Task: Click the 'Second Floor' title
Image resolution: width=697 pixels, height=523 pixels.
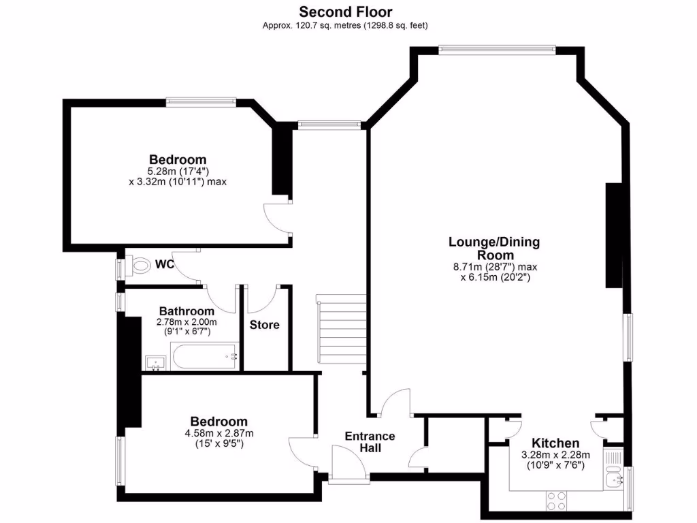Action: pyautogui.click(x=346, y=12)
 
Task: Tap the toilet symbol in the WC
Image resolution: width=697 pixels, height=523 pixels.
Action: pyautogui.click(x=139, y=265)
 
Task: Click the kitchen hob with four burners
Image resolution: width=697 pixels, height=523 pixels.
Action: pyautogui.click(x=556, y=501)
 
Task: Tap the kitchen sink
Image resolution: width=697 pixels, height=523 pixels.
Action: pyautogui.click(x=616, y=480)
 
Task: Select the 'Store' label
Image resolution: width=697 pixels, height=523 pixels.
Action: pyautogui.click(x=264, y=325)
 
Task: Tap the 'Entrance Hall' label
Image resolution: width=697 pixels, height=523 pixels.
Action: pyautogui.click(x=370, y=442)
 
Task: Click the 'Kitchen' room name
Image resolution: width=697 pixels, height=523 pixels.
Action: pyautogui.click(x=555, y=443)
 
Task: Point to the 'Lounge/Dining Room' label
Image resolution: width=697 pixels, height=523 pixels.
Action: pyautogui.click(x=494, y=248)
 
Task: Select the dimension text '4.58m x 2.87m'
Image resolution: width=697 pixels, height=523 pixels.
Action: pyautogui.click(x=218, y=433)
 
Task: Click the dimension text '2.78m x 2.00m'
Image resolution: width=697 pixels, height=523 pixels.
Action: pyautogui.click(x=187, y=322)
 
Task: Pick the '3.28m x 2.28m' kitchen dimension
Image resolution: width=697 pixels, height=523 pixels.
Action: pyautogui.click(x=555, y=455)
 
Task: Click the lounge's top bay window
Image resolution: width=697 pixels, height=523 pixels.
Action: pyautogui.click(x=497, y=48)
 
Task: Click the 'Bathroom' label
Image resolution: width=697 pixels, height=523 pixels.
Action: pyautogui.click(x=187, y=311)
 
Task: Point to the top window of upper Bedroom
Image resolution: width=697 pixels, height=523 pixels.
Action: pyautogui.click(x=201, y=102)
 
